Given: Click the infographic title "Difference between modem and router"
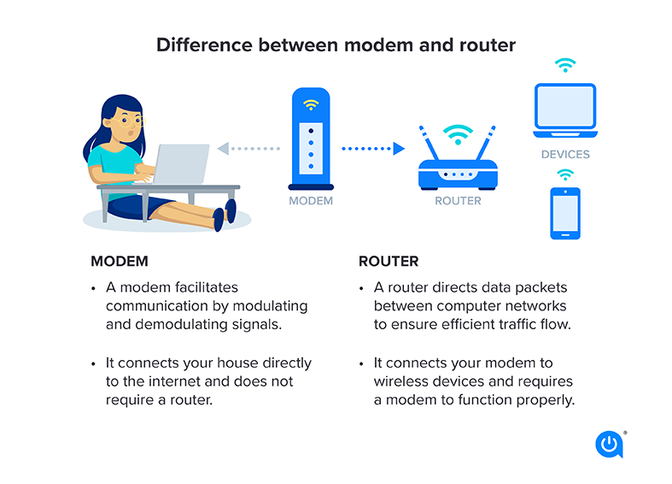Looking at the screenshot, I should point(336,44).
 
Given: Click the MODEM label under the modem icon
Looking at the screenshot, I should point(311,202).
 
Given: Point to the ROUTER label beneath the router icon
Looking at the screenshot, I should point(458,202).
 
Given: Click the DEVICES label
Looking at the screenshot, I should point(564,155).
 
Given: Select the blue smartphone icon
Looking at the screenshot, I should point(564,213).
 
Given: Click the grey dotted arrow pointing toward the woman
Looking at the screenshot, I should point(248,149).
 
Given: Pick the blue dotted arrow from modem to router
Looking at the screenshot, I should point(372,149).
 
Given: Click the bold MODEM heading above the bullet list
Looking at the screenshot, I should point(120,261).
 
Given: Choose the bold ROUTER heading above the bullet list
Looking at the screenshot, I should point(389,261).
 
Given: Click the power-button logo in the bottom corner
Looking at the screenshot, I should point(609,445).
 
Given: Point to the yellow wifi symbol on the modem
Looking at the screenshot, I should point(311,105).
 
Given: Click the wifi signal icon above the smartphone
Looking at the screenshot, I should point(564,175).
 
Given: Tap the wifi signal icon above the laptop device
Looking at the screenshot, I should point(564,65).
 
